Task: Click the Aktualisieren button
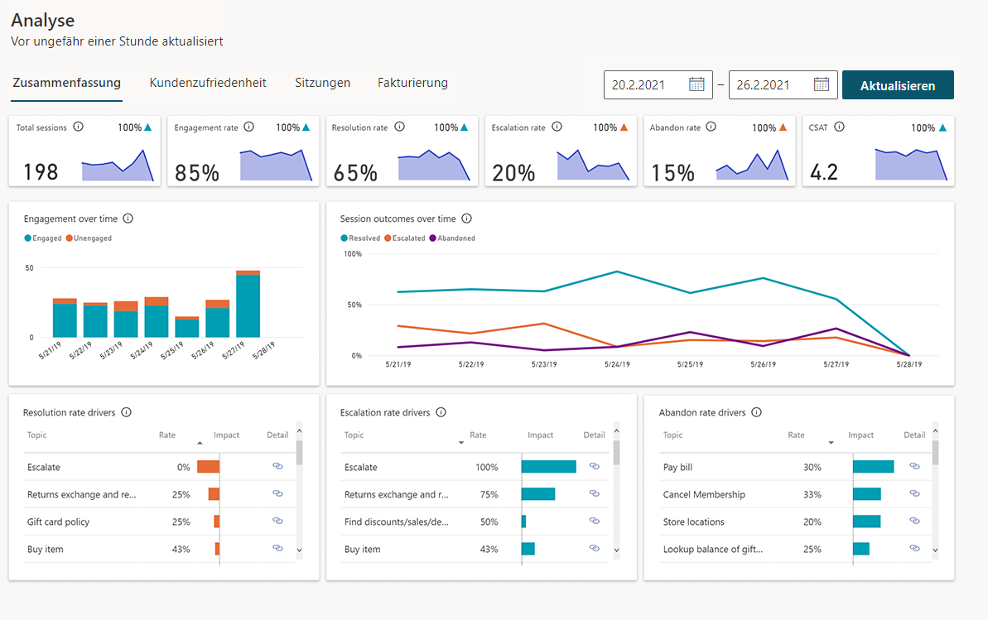coord(897,85)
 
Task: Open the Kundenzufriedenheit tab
coord(208,83)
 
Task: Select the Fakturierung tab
coord(412,83)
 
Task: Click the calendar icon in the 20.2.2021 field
coord(696,84)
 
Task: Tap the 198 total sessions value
coord(41,171)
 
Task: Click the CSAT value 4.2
coord(823,172)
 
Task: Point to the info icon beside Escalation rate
coord(557,127)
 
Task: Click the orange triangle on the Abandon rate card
coord(783,127)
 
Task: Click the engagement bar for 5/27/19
coord(248,304)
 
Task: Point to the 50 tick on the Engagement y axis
coord(29,268)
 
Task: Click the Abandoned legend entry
coord(452,238)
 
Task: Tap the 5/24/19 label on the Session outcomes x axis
coord(617,364)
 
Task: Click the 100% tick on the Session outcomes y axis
coord(353,254)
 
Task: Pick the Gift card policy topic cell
coord(58,521)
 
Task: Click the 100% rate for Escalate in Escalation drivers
coord(486,467)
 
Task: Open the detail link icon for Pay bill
coord(915,466)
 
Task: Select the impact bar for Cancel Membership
coord(867,494)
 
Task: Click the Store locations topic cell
coord(693,521)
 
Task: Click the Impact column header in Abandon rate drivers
coord(860,435)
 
